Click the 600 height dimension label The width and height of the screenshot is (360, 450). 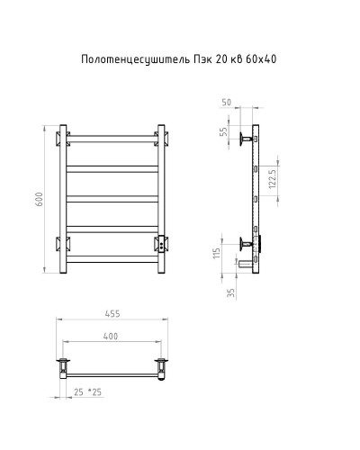[x=39, y=198]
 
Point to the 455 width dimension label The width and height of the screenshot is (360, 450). [x=112, y=314]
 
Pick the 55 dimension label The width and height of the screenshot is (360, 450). [x=223, y=131]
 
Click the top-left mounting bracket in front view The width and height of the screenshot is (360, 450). [x=64, y=139]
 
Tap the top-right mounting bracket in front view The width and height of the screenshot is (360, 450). [x=161, y=139]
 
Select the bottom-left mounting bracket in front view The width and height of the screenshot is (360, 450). [x=64, y=244]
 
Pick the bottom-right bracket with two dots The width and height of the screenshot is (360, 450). [x=161, y=243]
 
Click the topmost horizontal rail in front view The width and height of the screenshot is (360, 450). [x=112, y=139]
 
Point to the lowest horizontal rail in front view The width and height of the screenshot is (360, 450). [x=112, y=256]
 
